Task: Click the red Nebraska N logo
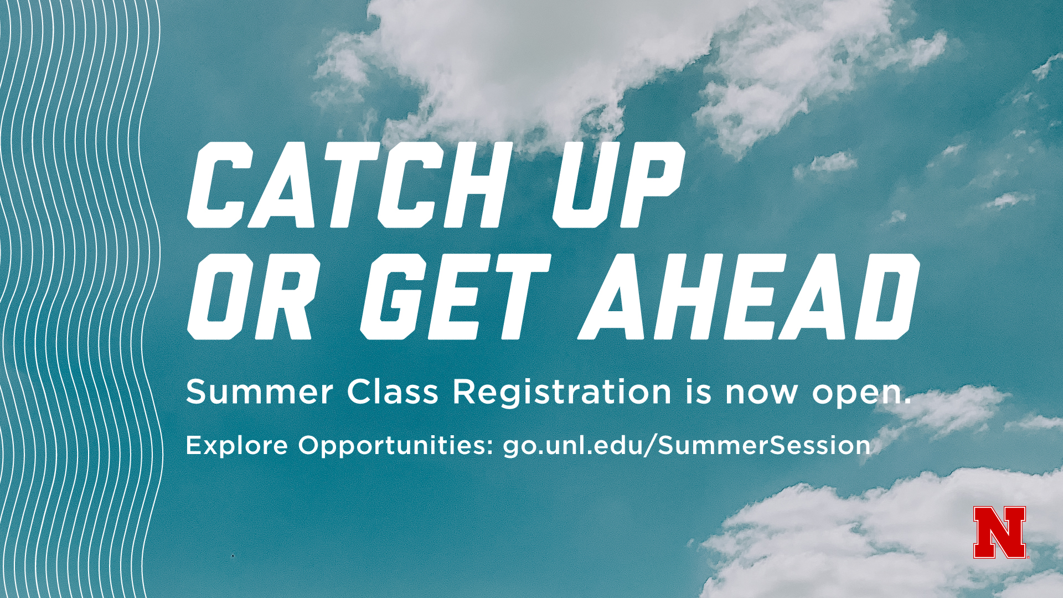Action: pyautogui.click(x=1000, y=532)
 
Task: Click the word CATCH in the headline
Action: pyautogui.click(x=347, y=185)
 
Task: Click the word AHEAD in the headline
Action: pyautogui.click(x=749, y=297)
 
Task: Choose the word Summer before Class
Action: pyautogui.click(x=259, y=391)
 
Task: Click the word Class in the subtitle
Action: pyautogui.click(x=393, y=391)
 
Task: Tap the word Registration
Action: pyautogui.click(x=562, y=393)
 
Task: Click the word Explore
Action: pyautogui.click(x=237, y=445)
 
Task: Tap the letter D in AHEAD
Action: pyautogui.click(x=887, y=297)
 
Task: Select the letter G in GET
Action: pyautogui.click(x=394, y=297)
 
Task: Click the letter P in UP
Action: pyautogui.click(x=654, y=185)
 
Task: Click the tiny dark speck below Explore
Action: pyautogui.click(x=233, y=555)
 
